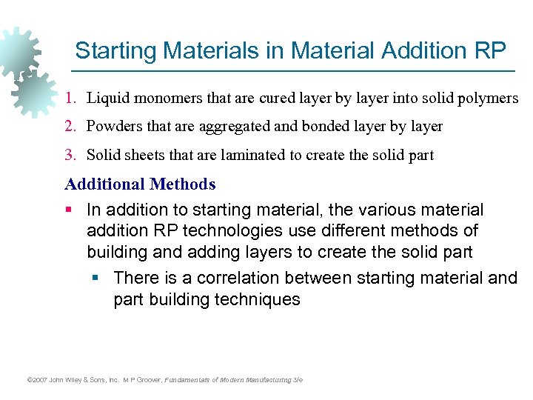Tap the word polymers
pyautogui.click(x=489, y=98)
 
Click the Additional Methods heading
pyautogui.click(x=140, y=184)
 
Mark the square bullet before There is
pyautogui.click(x=95, y=279)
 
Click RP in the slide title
pyautogui.click(x=491, y=50)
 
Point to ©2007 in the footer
pyautogui.click(x=36, y=380)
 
